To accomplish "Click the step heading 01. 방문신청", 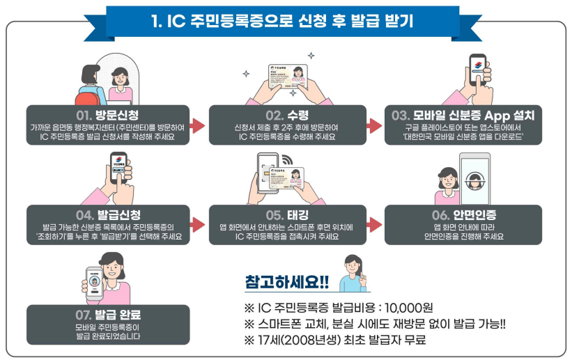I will tap(107, 114).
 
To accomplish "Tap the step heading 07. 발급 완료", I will tap(107, 314).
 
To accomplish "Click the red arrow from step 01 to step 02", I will tap(199, 125).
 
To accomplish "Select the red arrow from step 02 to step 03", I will tap(375, 125).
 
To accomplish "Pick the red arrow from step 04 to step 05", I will tap(199, 224).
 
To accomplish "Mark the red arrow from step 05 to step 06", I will tap(375, 224).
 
